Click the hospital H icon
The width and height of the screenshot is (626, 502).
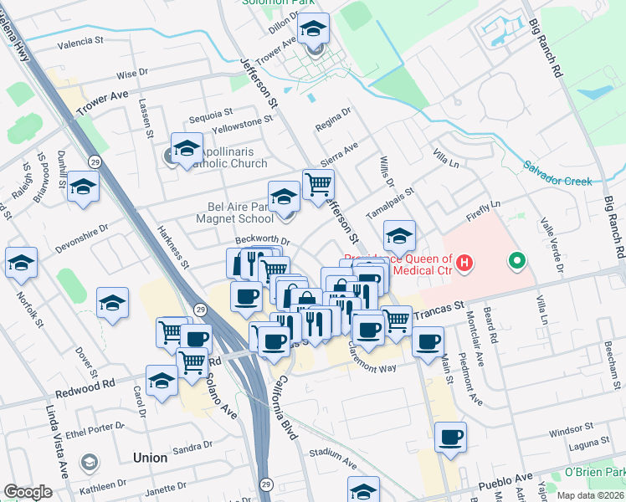click(464, 264)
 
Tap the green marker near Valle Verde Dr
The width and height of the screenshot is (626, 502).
click(517, 263)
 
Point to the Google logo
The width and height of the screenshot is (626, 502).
click(28, 492)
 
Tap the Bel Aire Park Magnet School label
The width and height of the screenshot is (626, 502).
click(240, 213)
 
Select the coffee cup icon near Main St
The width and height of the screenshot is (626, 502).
click(451, 437)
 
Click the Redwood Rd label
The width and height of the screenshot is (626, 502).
click(85, 383)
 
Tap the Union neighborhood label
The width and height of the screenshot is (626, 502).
click(150, 458)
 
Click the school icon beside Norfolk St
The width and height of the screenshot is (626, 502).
click(21, 261)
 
